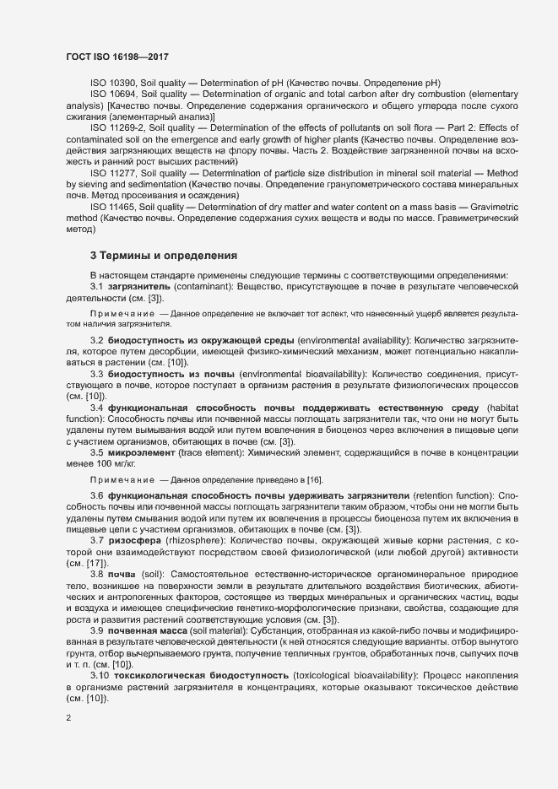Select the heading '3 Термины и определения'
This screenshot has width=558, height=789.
pos(164,256)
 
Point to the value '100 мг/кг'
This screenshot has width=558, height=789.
pos(116,463)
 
